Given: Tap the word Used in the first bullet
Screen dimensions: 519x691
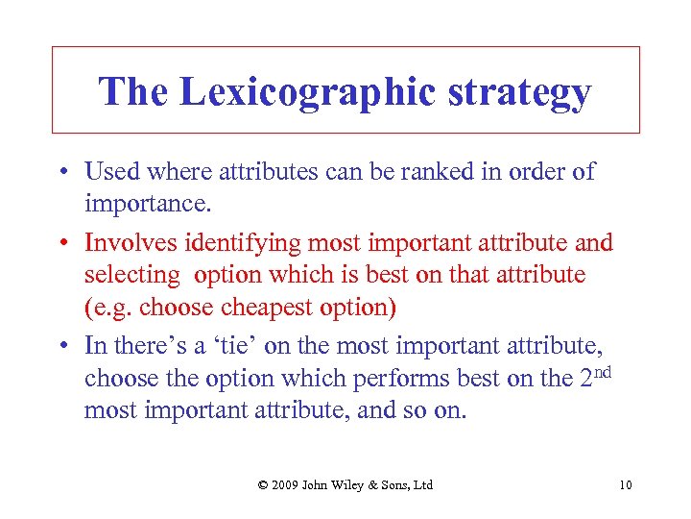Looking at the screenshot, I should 110,172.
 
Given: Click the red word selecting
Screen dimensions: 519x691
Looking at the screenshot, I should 131,275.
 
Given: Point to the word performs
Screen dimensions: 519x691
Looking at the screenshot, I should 412,379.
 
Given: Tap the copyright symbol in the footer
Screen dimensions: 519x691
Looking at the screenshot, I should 263,484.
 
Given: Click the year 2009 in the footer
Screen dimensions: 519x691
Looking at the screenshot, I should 287,484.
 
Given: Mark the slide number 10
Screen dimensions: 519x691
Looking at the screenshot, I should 625,484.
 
